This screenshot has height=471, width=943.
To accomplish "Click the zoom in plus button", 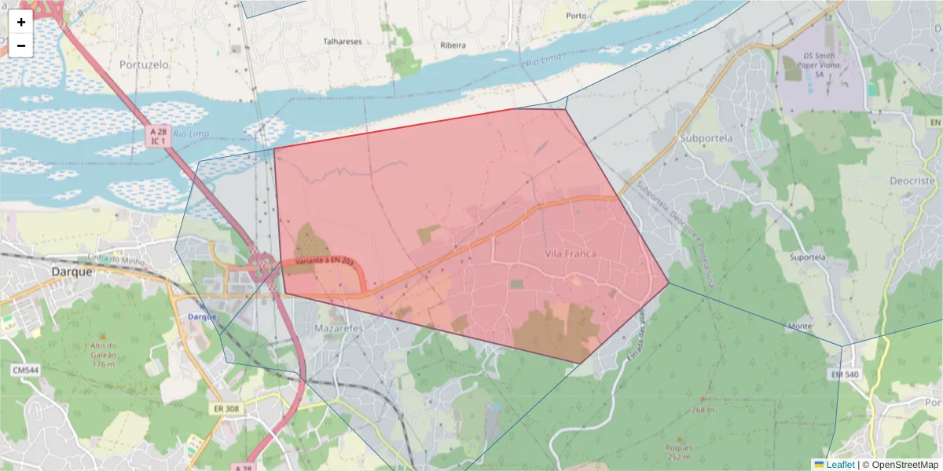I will click(21, 22).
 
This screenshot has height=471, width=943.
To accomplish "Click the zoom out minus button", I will click(21, 46).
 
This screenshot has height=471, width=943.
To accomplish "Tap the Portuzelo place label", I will click(145, 65).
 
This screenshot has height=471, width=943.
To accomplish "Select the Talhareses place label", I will click(342, 41).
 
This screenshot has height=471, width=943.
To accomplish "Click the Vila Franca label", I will click(571, 254).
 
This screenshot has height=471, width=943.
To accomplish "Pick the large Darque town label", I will click(72, 272).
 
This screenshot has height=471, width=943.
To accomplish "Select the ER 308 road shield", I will click(226, 409).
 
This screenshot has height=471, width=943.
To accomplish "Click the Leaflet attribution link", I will click(840, 465).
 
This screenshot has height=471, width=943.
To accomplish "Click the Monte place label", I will click(800, 326).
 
